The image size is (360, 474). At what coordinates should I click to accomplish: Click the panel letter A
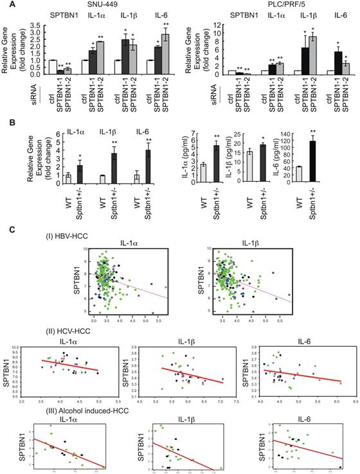(6, 5)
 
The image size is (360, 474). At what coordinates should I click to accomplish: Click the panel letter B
(6, 118)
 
